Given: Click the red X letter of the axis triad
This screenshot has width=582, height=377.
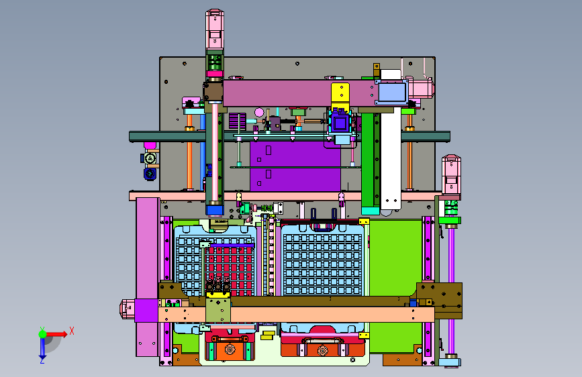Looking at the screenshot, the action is (x=72, y=331).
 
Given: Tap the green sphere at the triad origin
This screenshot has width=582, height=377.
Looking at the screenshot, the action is (x=43, y=334).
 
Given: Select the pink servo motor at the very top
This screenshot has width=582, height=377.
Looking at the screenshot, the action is (x=215, y=29).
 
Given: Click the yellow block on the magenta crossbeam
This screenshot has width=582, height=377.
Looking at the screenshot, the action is (x=340, y=93).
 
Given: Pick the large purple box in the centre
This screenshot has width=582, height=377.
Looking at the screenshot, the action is (x=295, y=166).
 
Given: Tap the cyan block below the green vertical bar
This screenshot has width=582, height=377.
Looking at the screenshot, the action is (x=371, y=211).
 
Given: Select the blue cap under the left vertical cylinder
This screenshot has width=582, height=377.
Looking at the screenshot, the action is (x=215, y=211).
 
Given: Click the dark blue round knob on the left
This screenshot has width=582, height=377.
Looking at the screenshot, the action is (x=150, y=174).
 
